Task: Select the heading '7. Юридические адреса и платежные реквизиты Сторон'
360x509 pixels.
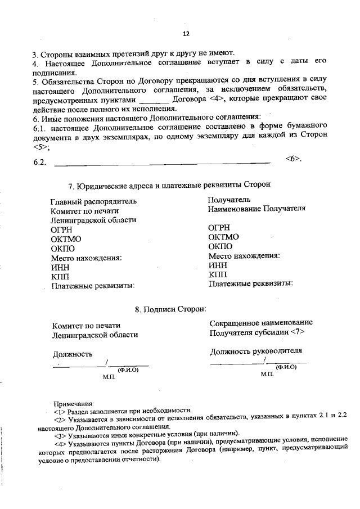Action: [x=169, y=184]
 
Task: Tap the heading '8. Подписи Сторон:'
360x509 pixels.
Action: [x=170, y=309]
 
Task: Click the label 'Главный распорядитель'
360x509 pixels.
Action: [x=93, y=201]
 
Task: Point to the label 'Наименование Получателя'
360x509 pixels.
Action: [x=256, y=208]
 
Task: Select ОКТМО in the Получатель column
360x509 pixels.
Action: [x=223, y=237]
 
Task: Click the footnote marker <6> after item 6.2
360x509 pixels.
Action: [x=293, y=158]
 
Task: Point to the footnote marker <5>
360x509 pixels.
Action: [x=40, y=147]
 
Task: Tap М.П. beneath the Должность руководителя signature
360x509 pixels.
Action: [x=267, y=374]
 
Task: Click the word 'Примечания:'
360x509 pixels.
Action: [x=74, y=403]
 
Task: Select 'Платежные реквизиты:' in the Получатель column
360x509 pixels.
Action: [x=250, y=283]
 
